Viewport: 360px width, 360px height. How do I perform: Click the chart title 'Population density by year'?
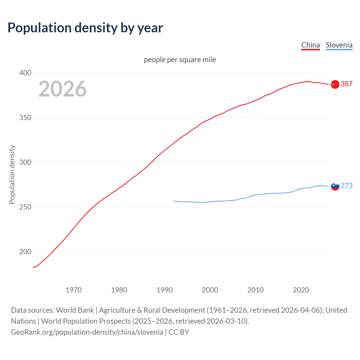click(x=85, y=28)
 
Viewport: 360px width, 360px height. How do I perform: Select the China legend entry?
click(x=310, y=45)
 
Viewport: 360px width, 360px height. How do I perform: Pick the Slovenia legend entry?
click(x=339, y=45)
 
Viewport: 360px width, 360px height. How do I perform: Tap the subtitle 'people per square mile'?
click(x=180, y=60)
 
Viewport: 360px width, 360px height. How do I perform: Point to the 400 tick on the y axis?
click(x=25, y=73)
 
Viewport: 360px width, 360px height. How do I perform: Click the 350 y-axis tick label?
click(x=25, y=118)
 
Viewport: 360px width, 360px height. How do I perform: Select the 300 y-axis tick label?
click(x=25, y=162)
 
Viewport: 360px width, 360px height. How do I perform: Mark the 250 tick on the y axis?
click(x=25, y=207)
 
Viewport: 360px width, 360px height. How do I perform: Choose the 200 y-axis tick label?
click(x=25, y=252)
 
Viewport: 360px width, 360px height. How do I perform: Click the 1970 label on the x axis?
click(x=74, y=290)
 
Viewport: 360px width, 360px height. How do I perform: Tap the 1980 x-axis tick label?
click(x=119, y=290)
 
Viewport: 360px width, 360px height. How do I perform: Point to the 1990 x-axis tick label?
click(x=165, y=290)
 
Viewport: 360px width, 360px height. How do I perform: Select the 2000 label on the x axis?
click(x=210, y=290)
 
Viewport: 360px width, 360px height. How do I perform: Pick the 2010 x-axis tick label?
click(x=255, y=290)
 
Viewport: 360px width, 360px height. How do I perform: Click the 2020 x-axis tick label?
click(x=301, y=290)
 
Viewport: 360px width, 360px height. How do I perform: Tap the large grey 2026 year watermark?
click(x=62, y=89)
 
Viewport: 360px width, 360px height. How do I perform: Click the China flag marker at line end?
click(x=335, y=84)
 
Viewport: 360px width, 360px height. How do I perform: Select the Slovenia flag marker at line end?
click(x=335, y=186)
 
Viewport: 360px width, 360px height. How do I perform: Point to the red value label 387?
click(x=346, y=84)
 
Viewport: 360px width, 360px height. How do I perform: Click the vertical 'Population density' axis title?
click(x=12, y=174)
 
